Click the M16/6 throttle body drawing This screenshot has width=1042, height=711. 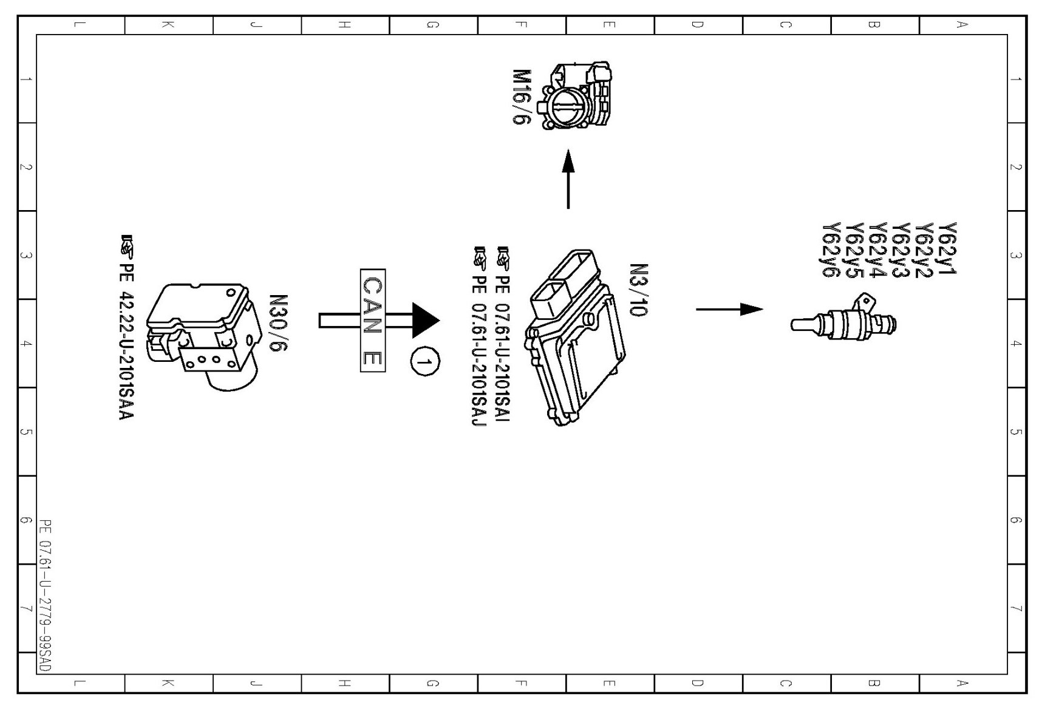click(580, 96)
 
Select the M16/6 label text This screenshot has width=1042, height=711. click(522, 97)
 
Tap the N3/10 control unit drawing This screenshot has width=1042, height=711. click(574, 338)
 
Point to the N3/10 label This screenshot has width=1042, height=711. click(638, 290)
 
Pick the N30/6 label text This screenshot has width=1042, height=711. click(278, 324)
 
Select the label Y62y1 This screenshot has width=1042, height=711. click(947, 248)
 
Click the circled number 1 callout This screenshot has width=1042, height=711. click(425, 362)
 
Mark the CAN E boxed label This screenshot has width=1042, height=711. click(372, 320)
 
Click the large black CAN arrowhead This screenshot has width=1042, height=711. click(425, 320)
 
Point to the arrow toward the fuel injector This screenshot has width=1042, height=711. click(729, 309)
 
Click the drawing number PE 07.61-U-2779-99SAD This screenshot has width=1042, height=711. click(46, 595)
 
